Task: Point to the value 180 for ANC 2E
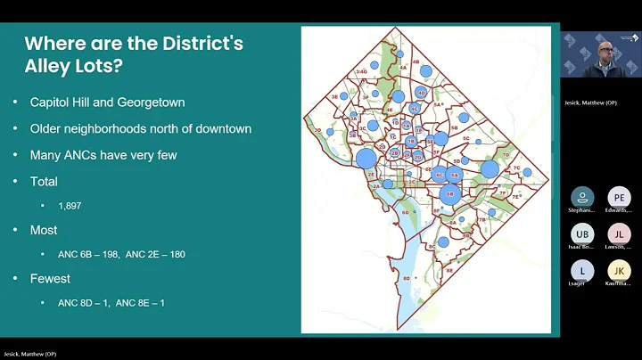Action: (x=174, y=254)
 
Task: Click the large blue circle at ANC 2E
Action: (x=366, y=160)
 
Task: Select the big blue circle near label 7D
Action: (x=490, y=169)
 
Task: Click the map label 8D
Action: (x=407, y=279)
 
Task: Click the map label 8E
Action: (x=449, y=269)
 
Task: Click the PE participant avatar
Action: (x=619, y=197)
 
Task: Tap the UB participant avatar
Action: (x=582, y=233)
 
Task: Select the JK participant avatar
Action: (x=619, y=270)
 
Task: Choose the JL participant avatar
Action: (x=619, y=233)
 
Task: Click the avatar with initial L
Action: (x=582, y=270)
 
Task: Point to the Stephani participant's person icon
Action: (x=582, y=197)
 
